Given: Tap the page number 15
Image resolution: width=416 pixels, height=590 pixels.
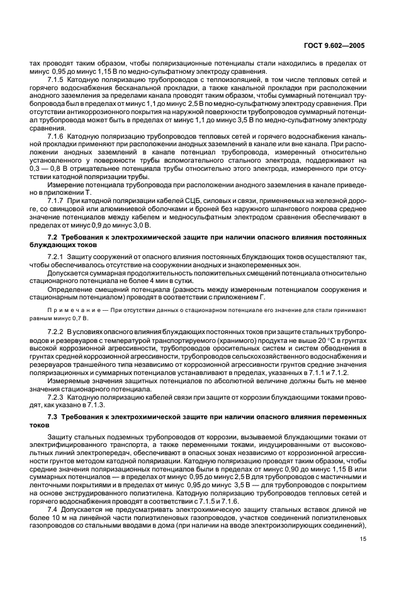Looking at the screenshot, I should tap(364, 538).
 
